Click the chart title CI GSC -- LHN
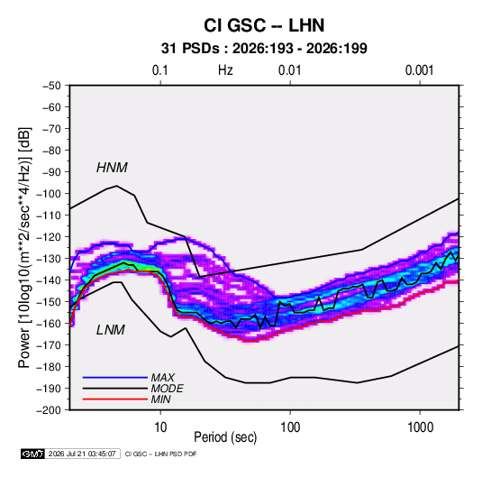[x=264, y=25]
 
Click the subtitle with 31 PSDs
[x=264, y=49]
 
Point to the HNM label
[x=112, y=168]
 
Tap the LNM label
[x=111, y=330]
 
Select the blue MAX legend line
[x=115, y=377]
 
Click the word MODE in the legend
[x=168, y=389]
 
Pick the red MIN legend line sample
[x=115, y=399]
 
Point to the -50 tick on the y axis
[x=51, y=86]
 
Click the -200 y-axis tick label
[x=49, y=410]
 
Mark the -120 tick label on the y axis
[x=49, y=237]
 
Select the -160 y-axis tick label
[x=49, y=324]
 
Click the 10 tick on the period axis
[x=160, y=427]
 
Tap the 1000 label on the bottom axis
[x=420, y=427]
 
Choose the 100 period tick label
[x=290, y=427]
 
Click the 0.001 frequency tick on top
[x=419, y=70]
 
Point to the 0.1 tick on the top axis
[x=160, y=70]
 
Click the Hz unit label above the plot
[x=225, y=70]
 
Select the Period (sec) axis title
[x=225, y=437]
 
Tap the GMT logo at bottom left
[x=33, y=454]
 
